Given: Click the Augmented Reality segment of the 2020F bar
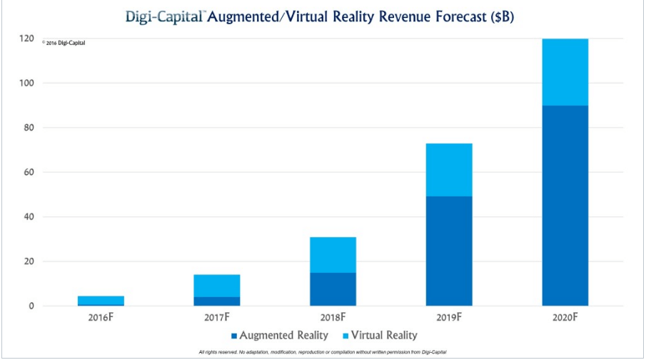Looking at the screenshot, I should pos(565,206).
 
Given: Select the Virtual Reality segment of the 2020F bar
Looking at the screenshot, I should pos(565,72).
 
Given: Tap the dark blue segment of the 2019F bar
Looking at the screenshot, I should pos(449,251).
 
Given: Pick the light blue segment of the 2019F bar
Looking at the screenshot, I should pos(449,170).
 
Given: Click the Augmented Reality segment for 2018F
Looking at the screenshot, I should pos(333,289).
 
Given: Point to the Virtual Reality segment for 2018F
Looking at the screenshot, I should pos(333,254).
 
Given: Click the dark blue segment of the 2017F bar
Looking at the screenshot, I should pos(216,301).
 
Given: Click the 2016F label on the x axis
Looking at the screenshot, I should pos(101,316).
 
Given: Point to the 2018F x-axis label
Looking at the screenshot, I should pos(333,316).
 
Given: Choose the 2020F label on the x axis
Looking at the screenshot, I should pos(565,316).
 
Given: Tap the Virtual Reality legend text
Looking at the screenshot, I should pos(381,334).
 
